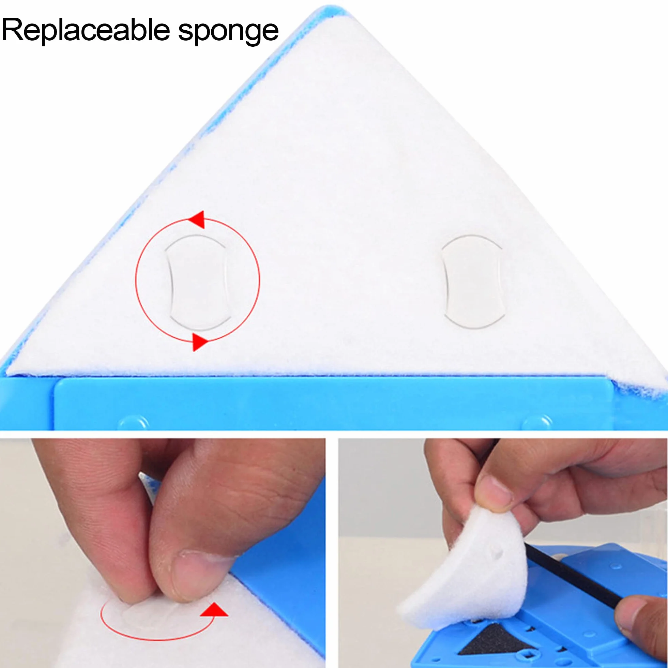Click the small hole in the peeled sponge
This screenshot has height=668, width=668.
click(497, 553)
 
